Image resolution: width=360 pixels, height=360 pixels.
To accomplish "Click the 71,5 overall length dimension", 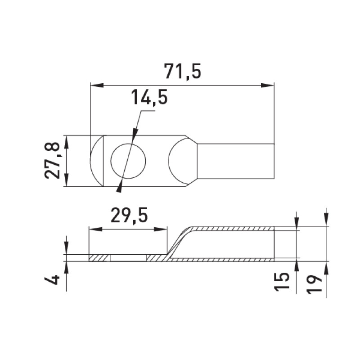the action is coord(183,71).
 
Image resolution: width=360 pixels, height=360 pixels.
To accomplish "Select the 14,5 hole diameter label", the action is coord(149,97).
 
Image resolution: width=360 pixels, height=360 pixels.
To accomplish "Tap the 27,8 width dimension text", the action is coord(52,161).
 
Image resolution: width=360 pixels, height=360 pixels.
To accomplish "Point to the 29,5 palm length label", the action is coord(129,215).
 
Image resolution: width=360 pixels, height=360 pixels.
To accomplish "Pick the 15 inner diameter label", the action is coord(282,282).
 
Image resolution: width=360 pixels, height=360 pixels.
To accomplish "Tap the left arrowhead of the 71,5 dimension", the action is coord(97,85).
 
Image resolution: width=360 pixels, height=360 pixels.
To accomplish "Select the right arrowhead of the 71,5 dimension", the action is coord(268,85).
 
